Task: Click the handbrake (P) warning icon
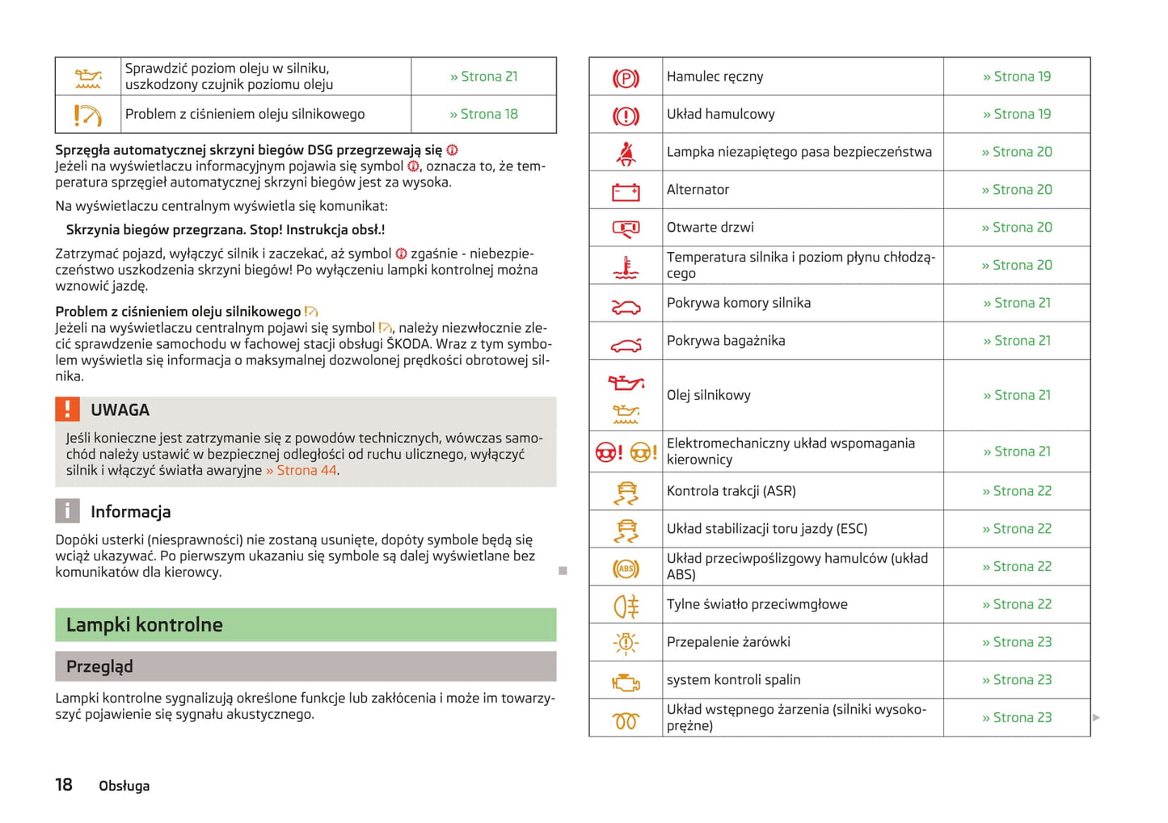[626, 78]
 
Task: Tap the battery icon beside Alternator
[626, 191]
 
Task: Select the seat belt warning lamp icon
[626, 153]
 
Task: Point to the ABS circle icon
[626, 569]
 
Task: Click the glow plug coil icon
[626, 720]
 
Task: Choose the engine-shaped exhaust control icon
[626, 682]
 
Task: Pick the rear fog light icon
[626, 606]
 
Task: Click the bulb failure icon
[626, 644]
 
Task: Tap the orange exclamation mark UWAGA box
[68, 409]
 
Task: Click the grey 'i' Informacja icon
[67, 510]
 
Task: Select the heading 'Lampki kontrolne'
[145, 625]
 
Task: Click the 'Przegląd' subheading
[99, 667]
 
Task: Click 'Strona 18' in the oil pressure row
[483, 115]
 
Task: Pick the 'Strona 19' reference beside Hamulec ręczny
[1017, 77]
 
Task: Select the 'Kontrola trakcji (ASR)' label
[731, 491]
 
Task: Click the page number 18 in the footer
[64, 785]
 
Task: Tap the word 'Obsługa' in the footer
[124, 787]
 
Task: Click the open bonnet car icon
[626, 307]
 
